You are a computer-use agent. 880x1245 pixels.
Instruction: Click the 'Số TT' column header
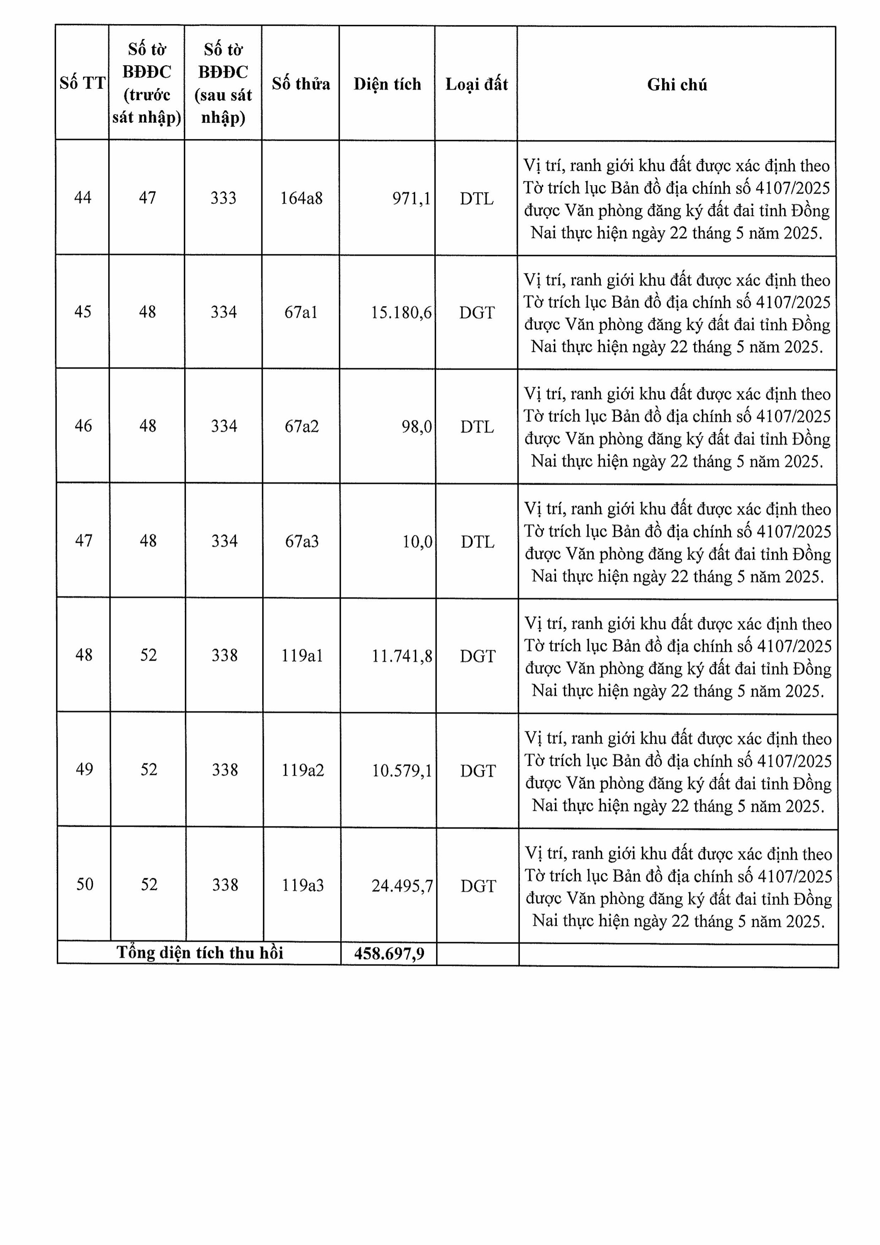[83, 83]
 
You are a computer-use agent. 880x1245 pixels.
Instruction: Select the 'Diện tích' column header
[387, 84]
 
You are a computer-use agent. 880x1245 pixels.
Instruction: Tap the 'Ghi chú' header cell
[677, 85]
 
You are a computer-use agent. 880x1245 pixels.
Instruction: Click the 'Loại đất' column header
[477, 84]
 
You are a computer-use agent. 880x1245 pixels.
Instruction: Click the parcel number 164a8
[302, 198]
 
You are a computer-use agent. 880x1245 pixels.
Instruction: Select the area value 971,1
[412, 198]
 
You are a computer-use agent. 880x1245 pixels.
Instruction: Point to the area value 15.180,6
[401, 312]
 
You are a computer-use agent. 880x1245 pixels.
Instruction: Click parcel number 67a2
[302, 426]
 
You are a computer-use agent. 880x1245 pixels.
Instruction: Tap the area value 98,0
[417, 427]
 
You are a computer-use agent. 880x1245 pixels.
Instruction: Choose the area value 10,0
[417, 542]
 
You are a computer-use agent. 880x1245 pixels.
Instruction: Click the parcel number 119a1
[302, 656]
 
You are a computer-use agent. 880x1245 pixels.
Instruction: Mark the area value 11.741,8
[402, 657]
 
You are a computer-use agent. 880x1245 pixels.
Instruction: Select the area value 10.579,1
[402, 771]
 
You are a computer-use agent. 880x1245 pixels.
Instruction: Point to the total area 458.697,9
[389, 953]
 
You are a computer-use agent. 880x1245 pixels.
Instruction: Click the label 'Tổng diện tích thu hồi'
[200, 953]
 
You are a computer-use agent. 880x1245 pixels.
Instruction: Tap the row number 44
[83, 198]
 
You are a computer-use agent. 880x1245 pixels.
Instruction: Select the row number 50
[85, 884]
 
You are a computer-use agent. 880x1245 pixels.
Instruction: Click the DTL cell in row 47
[478, 542]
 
